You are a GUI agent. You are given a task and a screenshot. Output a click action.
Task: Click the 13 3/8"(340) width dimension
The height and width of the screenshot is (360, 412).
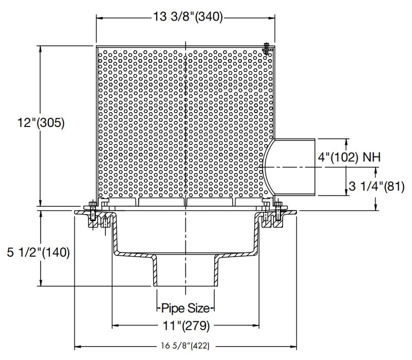tap(187, 17)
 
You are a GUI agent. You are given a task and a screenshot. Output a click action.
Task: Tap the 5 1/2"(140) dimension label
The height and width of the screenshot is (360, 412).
tap(35, 253)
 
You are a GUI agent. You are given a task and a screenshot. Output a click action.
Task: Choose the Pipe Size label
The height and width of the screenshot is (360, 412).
tap(184, 309)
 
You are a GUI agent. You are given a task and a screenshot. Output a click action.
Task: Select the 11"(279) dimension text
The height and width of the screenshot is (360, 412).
tap(185, 325)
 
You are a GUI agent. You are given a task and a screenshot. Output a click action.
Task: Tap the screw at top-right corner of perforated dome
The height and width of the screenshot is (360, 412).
tap(266, 48)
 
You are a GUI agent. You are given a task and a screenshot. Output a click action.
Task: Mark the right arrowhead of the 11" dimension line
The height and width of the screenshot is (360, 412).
tap(256, 325)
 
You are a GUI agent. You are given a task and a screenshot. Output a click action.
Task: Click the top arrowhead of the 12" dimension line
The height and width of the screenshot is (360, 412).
tap(41, 48)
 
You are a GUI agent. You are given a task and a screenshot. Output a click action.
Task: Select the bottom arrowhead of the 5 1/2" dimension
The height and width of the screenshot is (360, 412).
tap(41, 284)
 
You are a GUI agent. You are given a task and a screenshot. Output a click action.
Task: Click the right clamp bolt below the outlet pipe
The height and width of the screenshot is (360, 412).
tap(278, 211)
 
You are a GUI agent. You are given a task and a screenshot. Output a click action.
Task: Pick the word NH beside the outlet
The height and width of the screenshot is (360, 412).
tap(371, 157)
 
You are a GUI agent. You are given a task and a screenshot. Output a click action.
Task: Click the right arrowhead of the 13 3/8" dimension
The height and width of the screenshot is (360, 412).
tap(271, 17)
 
